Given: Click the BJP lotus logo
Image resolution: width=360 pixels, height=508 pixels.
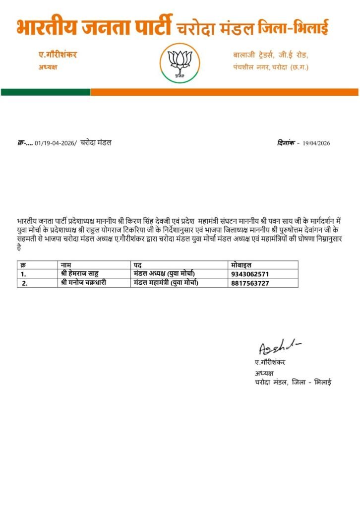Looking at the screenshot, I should click(x=180, y=63).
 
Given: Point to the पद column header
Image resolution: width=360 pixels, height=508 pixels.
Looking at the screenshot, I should click(x=138, y=265).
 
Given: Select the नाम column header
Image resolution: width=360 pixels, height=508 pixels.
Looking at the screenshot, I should click(x=66, y=265).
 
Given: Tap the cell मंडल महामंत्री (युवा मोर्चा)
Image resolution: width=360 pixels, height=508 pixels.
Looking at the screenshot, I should click(x=166, y=283).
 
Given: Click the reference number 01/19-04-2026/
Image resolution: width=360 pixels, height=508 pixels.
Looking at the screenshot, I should click(x=56, y=143).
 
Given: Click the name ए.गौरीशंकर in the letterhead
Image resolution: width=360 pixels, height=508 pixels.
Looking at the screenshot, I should click(x=58, y=55).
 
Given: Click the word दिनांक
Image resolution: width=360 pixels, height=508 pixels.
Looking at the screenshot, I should click(x=286, y=143).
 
